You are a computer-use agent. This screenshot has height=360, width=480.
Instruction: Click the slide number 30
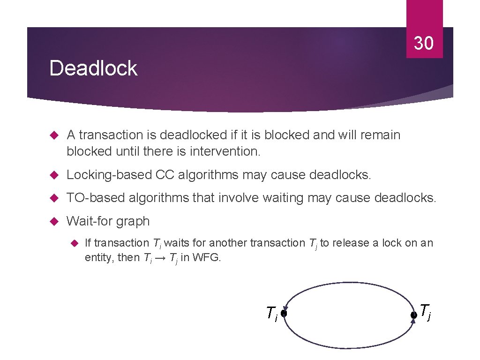click(x=424, y=44)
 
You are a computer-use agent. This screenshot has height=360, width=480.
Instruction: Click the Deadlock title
click(x=93, y=68)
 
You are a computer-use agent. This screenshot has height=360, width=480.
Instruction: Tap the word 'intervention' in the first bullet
click(x=220, y=152)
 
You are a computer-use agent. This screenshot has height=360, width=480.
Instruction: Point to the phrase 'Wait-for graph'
click(x=108, y=221)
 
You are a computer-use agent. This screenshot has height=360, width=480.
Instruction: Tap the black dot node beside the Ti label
click(x=284, y=312)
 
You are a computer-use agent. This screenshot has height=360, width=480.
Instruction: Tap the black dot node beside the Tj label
click(x=413, y=315)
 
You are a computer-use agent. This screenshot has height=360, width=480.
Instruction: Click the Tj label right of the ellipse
click(x=425, y=311)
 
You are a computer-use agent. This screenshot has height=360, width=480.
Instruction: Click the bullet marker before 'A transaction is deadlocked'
click(x=53, y=135)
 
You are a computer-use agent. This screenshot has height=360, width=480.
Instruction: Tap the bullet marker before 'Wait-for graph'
click(x=53, y=221)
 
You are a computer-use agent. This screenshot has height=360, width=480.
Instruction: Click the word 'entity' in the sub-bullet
click(x=98, y=257)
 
